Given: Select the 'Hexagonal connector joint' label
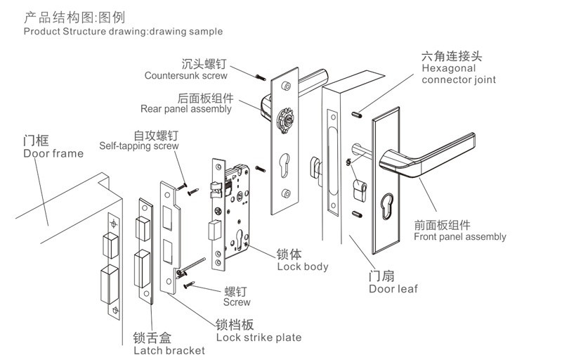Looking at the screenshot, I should [458, 75].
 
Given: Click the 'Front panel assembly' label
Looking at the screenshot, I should [459, 237].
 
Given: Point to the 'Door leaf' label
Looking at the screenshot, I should [393, 288].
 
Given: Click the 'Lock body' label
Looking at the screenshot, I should [302, 267].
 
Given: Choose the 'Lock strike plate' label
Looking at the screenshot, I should [259, 337].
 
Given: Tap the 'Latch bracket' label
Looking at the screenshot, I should [169, 350].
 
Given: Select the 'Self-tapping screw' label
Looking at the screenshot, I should [138, 146].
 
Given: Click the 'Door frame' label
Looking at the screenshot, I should [53, 153].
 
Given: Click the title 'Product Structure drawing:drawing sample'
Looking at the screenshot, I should [123, 32].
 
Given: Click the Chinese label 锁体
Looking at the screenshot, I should [289, 254].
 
